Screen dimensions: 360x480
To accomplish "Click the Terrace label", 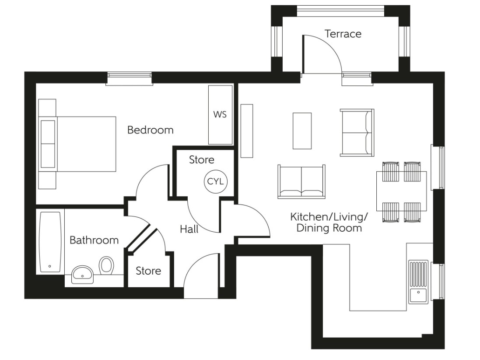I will (x=343, y=34).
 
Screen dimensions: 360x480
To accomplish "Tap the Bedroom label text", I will (x=150, y=130).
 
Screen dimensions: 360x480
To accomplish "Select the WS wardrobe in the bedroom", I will (x=220, y=115).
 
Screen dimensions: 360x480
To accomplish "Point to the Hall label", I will (x=189, y=229).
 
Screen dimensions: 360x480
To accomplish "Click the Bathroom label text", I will (x=94, y=240).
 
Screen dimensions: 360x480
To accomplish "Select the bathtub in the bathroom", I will (x=50, y=242).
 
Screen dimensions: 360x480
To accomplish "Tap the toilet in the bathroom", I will (x=106, y=265).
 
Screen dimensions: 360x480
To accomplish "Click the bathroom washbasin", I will (x=82, y=274).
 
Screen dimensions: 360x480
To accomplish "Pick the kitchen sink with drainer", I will (x=418, y=281).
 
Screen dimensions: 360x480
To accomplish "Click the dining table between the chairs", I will (x=402, y=191).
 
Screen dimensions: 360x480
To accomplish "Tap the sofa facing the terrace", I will (x=301, y=181).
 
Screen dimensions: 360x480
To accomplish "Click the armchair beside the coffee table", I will (x=357, y=132).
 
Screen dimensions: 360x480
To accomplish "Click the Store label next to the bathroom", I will (x=148, y=271).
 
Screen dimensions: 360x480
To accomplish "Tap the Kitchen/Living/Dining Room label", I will (x=329, y=222).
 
